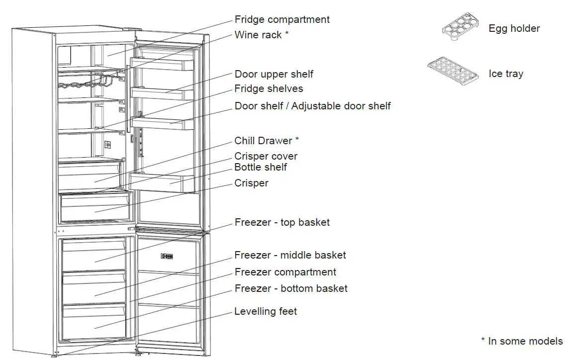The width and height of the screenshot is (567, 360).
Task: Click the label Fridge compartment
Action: pos(282,20)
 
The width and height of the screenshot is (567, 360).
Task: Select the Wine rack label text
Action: pos(262,35)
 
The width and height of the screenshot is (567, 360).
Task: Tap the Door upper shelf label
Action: pos(274,74)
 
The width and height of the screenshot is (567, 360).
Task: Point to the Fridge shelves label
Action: pos(269,89)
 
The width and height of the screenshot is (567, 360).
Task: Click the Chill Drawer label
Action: pos(267,141)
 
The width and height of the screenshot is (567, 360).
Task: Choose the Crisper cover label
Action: pos(266,156)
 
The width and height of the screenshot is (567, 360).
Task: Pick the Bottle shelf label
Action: pos(261,168)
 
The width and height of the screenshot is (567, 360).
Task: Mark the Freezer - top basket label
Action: pos(282,222)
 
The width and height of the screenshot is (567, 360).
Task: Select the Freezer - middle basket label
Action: pos(290,256)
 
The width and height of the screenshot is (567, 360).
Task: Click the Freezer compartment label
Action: pos(285,272)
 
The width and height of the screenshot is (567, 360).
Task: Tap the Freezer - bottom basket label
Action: pos(291,288)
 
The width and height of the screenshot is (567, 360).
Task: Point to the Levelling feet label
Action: pos(266,312)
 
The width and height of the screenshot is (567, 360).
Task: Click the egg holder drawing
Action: pos(461,28)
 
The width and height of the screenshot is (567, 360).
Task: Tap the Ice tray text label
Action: pos(506,74)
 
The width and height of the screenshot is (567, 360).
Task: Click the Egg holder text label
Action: pos(514,29)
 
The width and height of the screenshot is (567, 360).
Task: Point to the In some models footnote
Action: pos(522,341)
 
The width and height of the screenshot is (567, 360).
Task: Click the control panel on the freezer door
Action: pos(167,257)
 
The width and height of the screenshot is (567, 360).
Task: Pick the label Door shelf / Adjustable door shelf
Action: pos(312,106)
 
